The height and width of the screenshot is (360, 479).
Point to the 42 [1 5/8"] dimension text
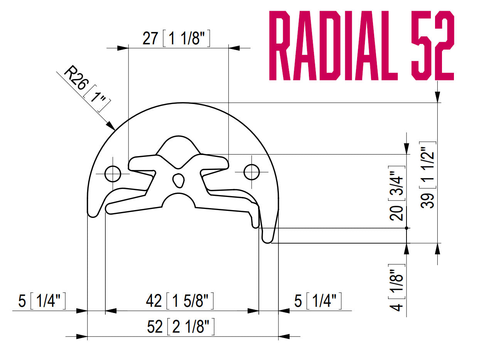click(180, 301)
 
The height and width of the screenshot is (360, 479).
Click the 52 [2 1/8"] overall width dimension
click(180, 327)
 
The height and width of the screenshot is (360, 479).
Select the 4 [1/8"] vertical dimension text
click(397, 288)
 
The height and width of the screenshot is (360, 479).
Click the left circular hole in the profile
click(113, 173)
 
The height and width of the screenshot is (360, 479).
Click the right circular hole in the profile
click(252, 172)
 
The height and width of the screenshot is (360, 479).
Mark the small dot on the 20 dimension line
click(406, 228)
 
